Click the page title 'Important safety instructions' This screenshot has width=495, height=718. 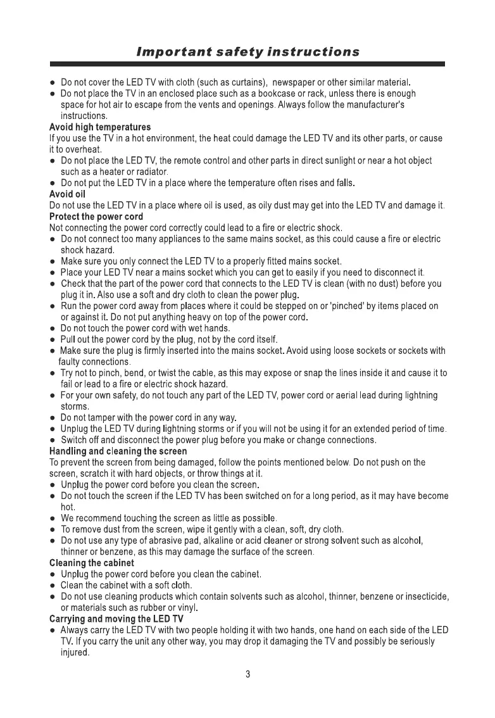[x=247, y=51]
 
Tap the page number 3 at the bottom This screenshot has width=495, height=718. [x=248, y=674]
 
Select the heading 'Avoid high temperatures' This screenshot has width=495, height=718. [x=100, y=127]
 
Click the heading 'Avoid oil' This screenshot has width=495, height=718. [x=67, y=194]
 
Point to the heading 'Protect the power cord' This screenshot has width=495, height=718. [x=96, y=217]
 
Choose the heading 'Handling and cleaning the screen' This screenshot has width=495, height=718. [x=118, y=451]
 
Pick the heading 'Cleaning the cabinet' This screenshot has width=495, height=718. [x=92, y=563]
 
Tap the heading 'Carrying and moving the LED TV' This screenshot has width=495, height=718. [x=116, y=619]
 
